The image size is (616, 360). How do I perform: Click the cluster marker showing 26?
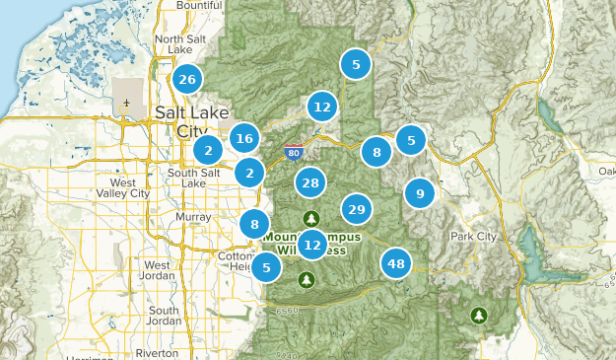(187, 79)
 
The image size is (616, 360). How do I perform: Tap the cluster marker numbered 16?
(245, 139)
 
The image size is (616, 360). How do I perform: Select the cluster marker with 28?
(311, 182)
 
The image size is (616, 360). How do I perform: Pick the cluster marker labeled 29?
(357, 209)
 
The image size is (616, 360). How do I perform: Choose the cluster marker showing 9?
(420, 193)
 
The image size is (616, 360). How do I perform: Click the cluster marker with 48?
(396, 263)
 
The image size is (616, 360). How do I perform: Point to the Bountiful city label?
(199, 6)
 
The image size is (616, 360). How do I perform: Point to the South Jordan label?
(164, 316)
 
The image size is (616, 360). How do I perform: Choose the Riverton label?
(157, 352)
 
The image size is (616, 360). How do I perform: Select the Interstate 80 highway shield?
(293, 153)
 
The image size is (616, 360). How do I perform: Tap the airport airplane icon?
(127, 103)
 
